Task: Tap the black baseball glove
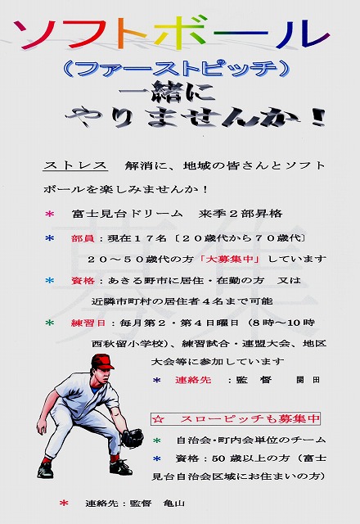pos(133,438)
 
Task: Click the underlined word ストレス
pos(75,165)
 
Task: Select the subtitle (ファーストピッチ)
pos(176,70)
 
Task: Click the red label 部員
pos(82,238)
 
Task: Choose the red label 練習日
pos(88,323)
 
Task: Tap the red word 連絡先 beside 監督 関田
pos(193,380)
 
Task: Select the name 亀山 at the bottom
pos(174,503)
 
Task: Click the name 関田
pos(308,380)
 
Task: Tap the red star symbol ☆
pos(158,418)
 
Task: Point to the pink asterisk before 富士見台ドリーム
pos(49,214)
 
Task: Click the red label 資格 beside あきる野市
pos(82,280)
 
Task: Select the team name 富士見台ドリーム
pos(128,214)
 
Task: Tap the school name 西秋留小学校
pos(128,344)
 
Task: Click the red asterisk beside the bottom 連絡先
pos(64,503)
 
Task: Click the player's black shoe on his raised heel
pos(45,470)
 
